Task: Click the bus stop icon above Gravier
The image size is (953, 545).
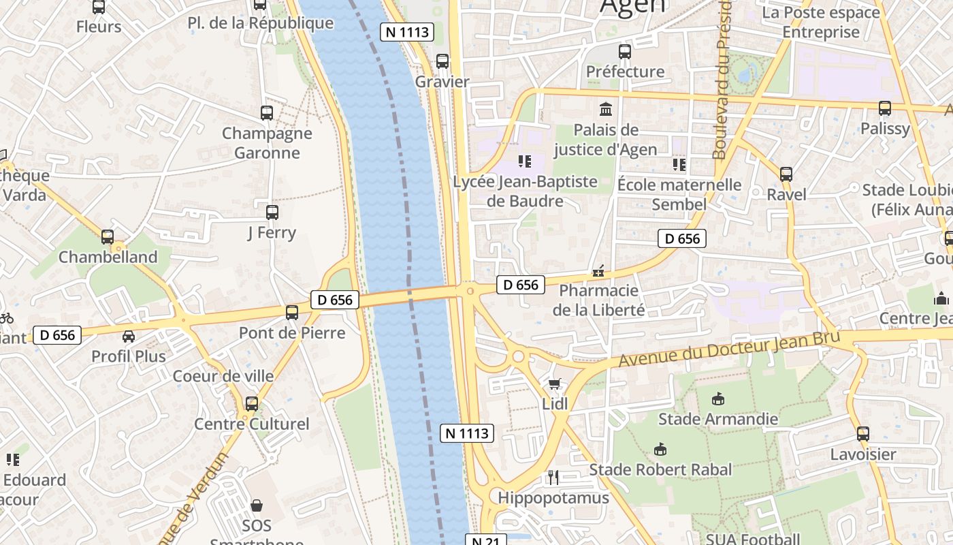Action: click(x=442, y=61)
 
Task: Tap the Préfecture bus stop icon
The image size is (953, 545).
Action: click(x=624, y=51)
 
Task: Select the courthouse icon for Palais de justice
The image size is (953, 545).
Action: click(x=605, y=109)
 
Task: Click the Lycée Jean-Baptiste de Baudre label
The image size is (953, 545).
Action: click(x=525, y=191)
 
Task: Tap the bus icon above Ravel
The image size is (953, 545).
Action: click(x=786, y=174)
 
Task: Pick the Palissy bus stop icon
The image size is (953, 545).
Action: click(x=884, y=108)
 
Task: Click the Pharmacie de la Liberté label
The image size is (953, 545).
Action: click(x=598, y=300)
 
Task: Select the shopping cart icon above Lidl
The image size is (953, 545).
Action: click(x=555, y=384)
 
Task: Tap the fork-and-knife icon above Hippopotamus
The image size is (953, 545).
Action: click(x=553, y=478)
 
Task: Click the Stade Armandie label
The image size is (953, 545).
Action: click(x=717, y=418)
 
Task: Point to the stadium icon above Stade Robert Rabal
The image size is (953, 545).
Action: click(x=660, y=450)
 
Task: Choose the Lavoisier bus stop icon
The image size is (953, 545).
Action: click(x=862, y=433)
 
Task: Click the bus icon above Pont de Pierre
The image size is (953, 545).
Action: click(x=291, y=313)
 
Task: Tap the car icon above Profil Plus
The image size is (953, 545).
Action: click(x=129, y=336)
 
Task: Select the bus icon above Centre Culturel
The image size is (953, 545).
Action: click(x=251, y=403)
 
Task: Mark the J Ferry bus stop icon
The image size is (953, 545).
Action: click(x=272, y=212)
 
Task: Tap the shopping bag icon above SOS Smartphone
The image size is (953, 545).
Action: click(x=257, y=505)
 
